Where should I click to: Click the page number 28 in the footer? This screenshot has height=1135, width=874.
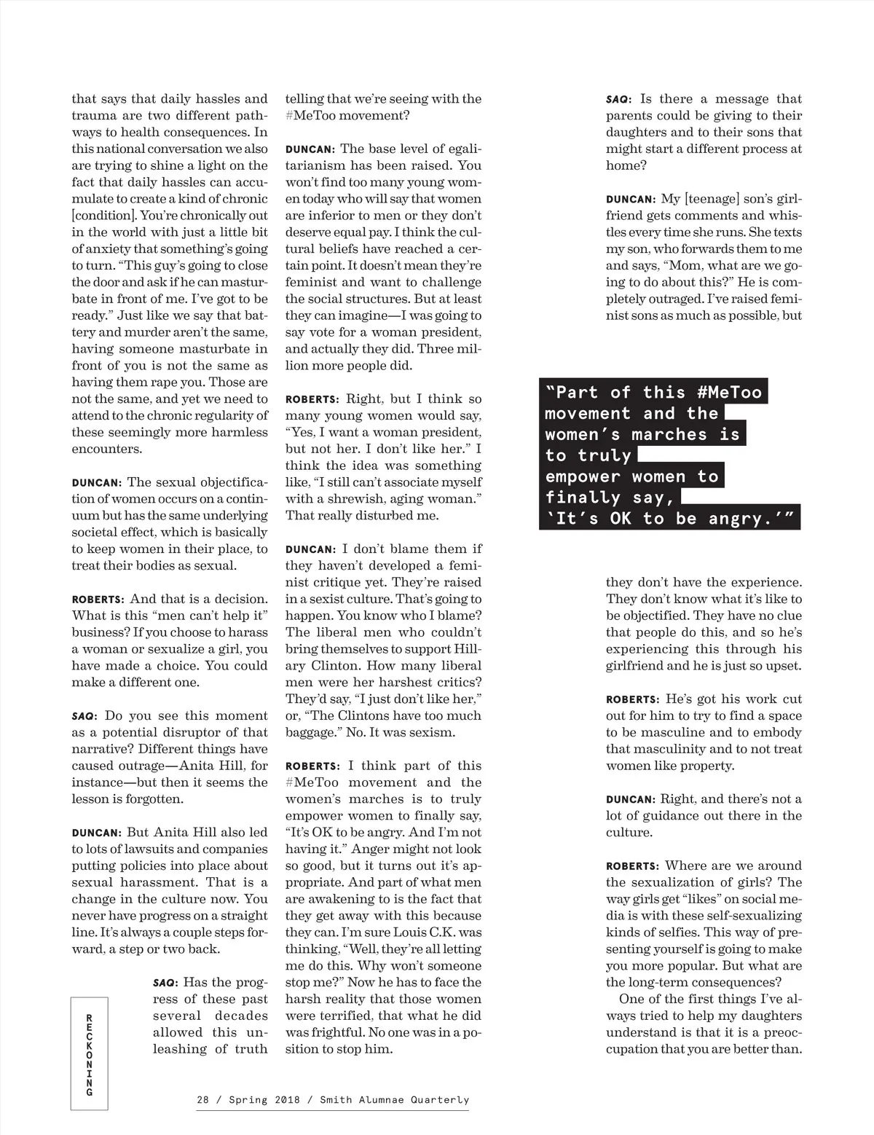pos(204,1099)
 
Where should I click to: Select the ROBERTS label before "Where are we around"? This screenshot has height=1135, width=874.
pos(632,866)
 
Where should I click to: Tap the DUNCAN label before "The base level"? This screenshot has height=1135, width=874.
pos(310,149)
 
